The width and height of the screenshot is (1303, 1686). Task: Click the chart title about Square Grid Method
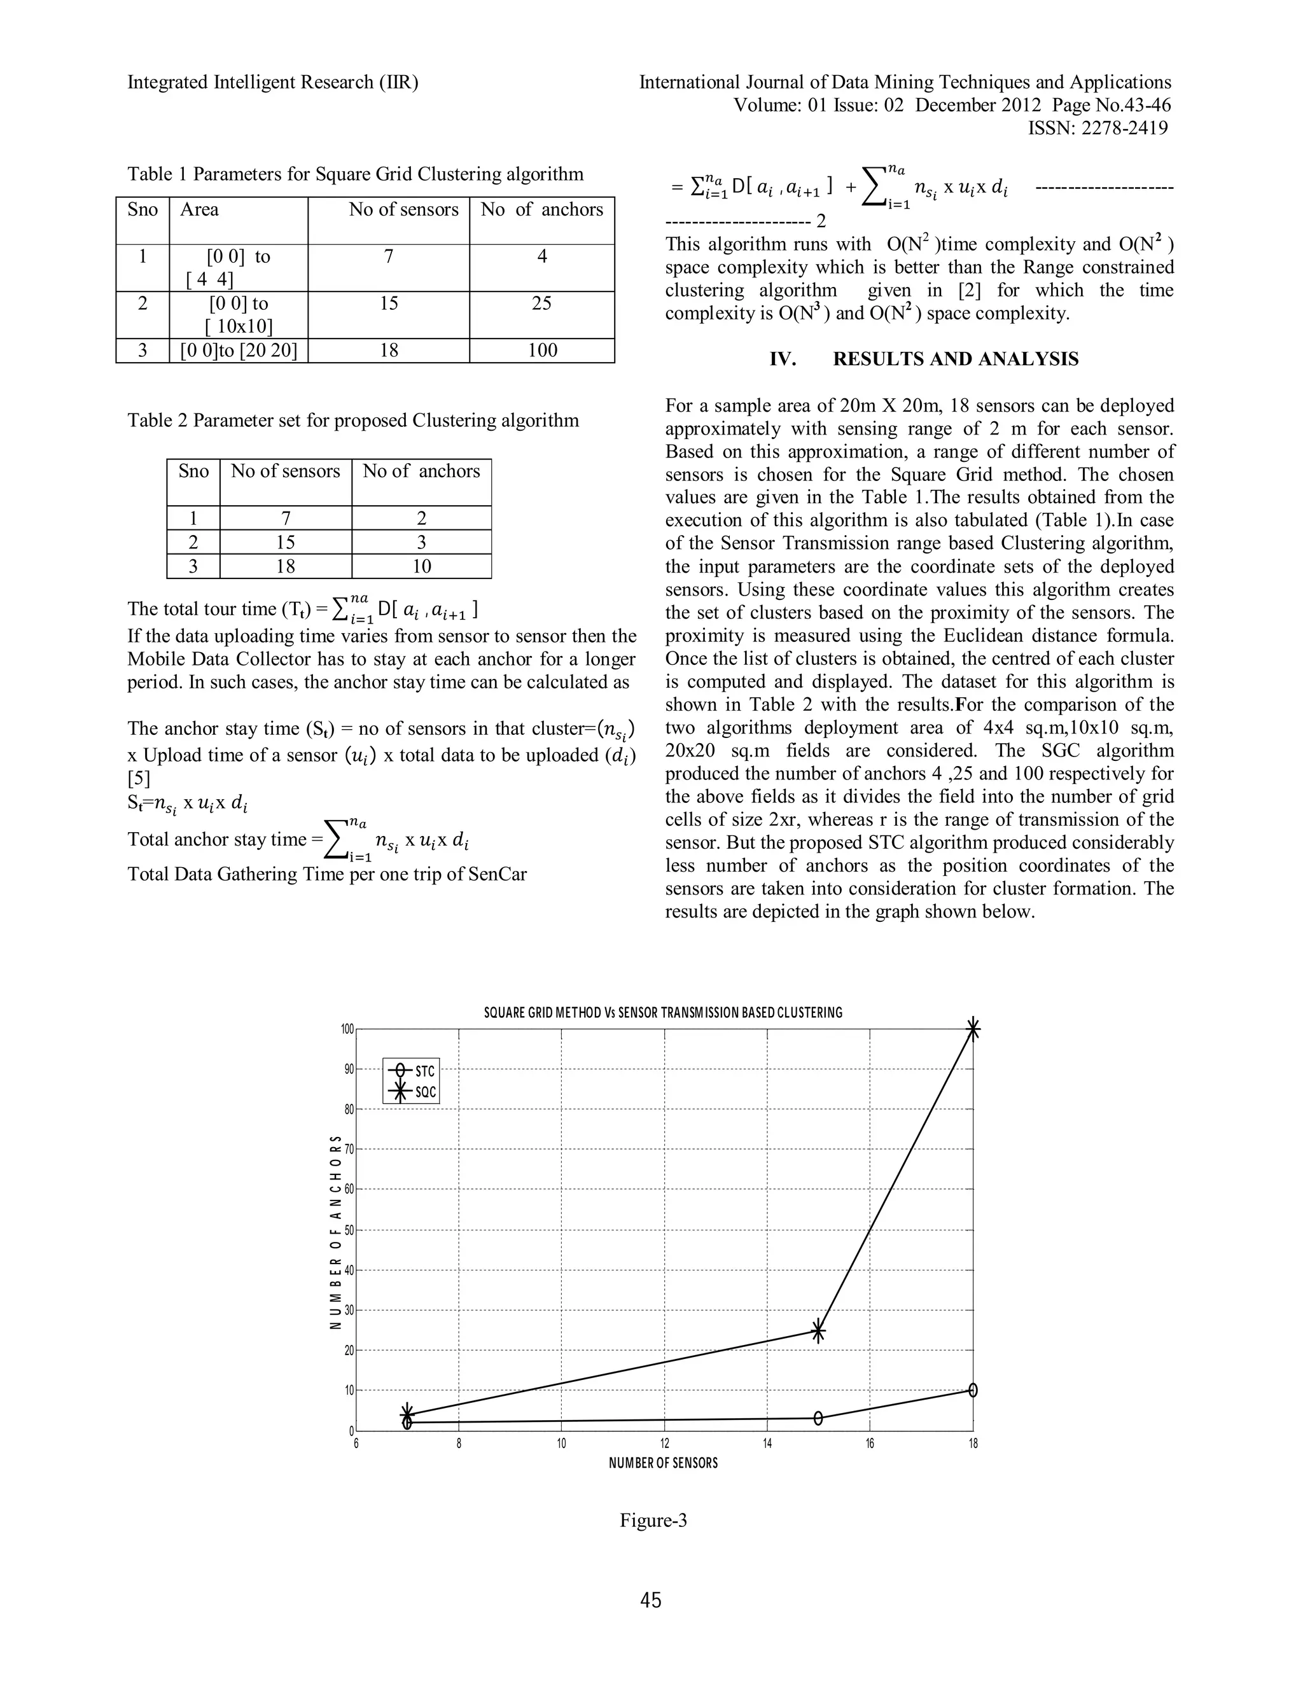663,1012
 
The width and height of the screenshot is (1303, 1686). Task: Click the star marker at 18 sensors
973,1029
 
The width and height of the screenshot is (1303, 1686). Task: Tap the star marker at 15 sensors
818,1331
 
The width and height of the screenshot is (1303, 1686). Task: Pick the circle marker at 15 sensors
818,1418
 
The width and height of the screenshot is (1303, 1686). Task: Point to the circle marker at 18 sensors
973,1390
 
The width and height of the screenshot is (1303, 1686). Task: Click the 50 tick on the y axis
349,1230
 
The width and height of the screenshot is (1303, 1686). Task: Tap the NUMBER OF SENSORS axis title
663,1463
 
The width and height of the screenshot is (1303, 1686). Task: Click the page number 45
651,1600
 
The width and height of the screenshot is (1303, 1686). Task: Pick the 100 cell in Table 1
542,351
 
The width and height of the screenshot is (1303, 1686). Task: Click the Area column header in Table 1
199,209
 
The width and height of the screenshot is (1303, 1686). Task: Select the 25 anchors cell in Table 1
542,303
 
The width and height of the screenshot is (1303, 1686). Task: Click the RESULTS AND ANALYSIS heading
924,359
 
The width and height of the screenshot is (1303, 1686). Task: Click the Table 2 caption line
352,421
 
